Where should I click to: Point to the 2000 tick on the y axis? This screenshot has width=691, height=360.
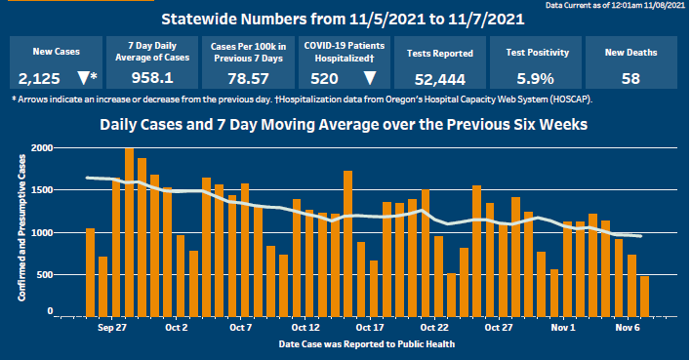pyautogui.click(x=42, y=148)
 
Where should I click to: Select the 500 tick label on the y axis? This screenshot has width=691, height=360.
pyautogui.click(x=45, y=275)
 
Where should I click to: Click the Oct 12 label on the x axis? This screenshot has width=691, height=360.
pyautogui.click(x=305, y=329)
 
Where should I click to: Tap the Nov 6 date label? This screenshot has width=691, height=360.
pyautogui.click(x=628, y=329)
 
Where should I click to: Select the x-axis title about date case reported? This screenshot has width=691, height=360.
pyautogui.click(x=351, y=344)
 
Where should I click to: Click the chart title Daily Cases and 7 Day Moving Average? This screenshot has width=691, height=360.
pyautogui.click(x=350, y=126)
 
